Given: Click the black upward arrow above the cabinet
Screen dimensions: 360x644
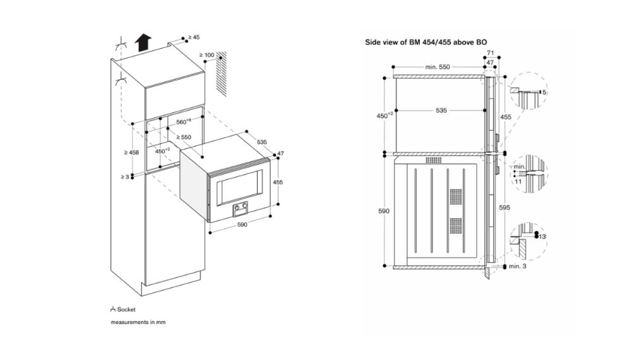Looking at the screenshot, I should click(143, 43).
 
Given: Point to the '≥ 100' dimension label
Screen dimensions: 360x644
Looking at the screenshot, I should click(207, 55).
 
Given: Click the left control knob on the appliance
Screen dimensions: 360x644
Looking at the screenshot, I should click(237, 207).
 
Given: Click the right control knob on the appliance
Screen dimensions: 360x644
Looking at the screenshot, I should click(244, 207).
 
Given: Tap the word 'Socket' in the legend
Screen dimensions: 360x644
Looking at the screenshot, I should click(126, 309).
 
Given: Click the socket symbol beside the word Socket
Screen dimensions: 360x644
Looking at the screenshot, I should click(112, 309).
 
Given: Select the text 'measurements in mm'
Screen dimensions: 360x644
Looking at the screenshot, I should click(137, 323).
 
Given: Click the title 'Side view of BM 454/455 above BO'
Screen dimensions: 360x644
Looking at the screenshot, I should click(426, 42).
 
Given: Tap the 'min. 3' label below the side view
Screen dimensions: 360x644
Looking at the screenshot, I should click(516, 268).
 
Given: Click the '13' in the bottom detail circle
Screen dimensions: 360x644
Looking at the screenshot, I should click(542, 236).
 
